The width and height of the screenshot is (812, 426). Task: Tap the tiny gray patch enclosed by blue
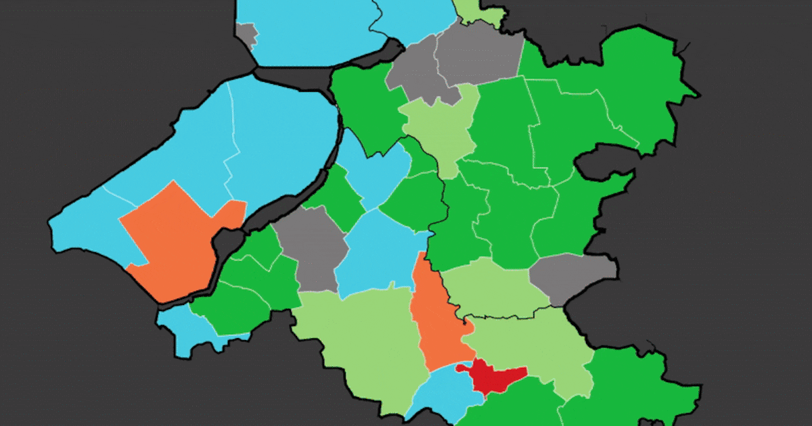(x=247, y=34)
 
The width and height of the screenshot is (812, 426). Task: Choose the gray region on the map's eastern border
(x=572, y=277)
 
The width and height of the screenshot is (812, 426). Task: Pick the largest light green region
(x=359, y=338)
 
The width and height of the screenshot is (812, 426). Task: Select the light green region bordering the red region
(x=535, y=345)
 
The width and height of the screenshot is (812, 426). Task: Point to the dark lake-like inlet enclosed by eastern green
(x=602, y=162)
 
